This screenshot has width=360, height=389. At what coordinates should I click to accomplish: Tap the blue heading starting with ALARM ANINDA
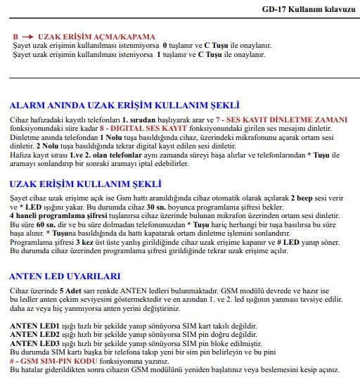[124, 105]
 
